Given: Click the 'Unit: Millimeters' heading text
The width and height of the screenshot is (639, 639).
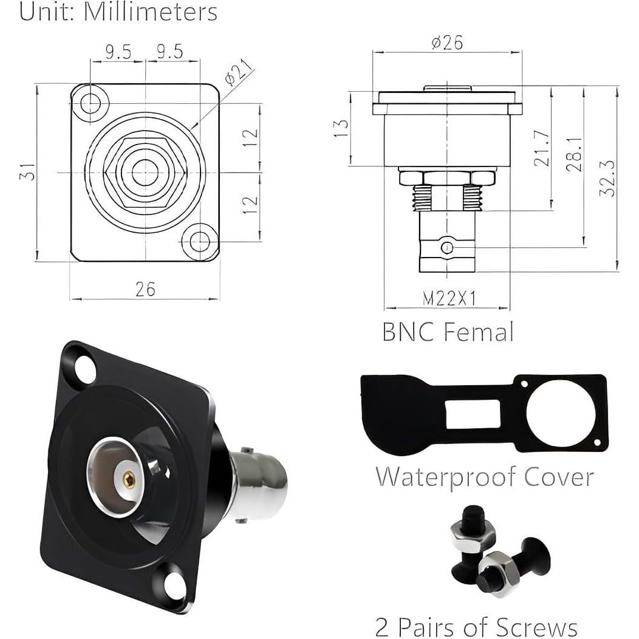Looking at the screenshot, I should pos(118,12).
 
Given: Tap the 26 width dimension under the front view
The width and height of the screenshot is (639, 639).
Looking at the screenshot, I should pos(145,289).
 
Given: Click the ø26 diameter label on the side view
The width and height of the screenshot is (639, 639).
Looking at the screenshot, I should pos(447,43).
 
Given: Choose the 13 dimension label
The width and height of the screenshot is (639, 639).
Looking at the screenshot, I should pos(342,128).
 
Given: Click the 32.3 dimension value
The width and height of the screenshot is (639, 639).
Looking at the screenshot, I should pos(609,177).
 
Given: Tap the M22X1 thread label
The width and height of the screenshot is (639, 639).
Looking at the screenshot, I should pos(448,298).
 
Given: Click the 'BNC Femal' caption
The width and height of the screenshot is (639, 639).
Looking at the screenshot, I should pos(448,332).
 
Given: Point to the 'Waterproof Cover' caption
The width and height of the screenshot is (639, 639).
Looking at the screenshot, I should pos(484,476).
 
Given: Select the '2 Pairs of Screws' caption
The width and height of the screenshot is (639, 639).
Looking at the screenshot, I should pos(476,626).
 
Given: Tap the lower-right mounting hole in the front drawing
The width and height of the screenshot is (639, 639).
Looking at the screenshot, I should pos(200,241).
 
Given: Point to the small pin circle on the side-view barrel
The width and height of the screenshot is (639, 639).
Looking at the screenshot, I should pos(447,248).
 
